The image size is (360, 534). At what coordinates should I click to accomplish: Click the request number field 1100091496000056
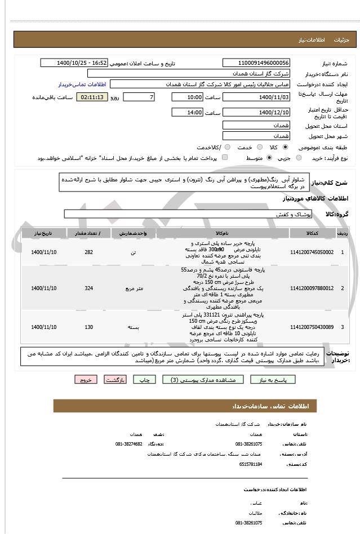pyautogui.click(x=256, y=63)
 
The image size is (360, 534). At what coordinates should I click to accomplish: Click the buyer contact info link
pyautogui.click(x=81, y=84)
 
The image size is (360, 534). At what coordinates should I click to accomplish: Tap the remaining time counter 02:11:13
pyautogui.click(x=92, y=97)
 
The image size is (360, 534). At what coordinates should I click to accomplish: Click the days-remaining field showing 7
pyautogui.click(x=138, y=97)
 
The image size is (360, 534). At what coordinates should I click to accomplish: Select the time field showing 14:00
pyautogui.click(x=186, y=112)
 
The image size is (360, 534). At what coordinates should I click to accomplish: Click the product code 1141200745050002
pyautogui.click(x=311, y=252)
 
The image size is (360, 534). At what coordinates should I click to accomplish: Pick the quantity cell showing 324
pyautogui.click(x=88, y=288)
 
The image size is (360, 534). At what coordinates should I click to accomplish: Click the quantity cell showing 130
pyautogui.click(x=88, y=327)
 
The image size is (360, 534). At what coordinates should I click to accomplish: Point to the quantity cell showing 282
pyautogui.click(x=88, y=252)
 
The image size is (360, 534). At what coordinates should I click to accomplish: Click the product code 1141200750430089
pyautogui.click(x=311, y=327)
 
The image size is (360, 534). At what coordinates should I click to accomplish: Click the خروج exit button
pyautogui.click(x=86, y=380)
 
